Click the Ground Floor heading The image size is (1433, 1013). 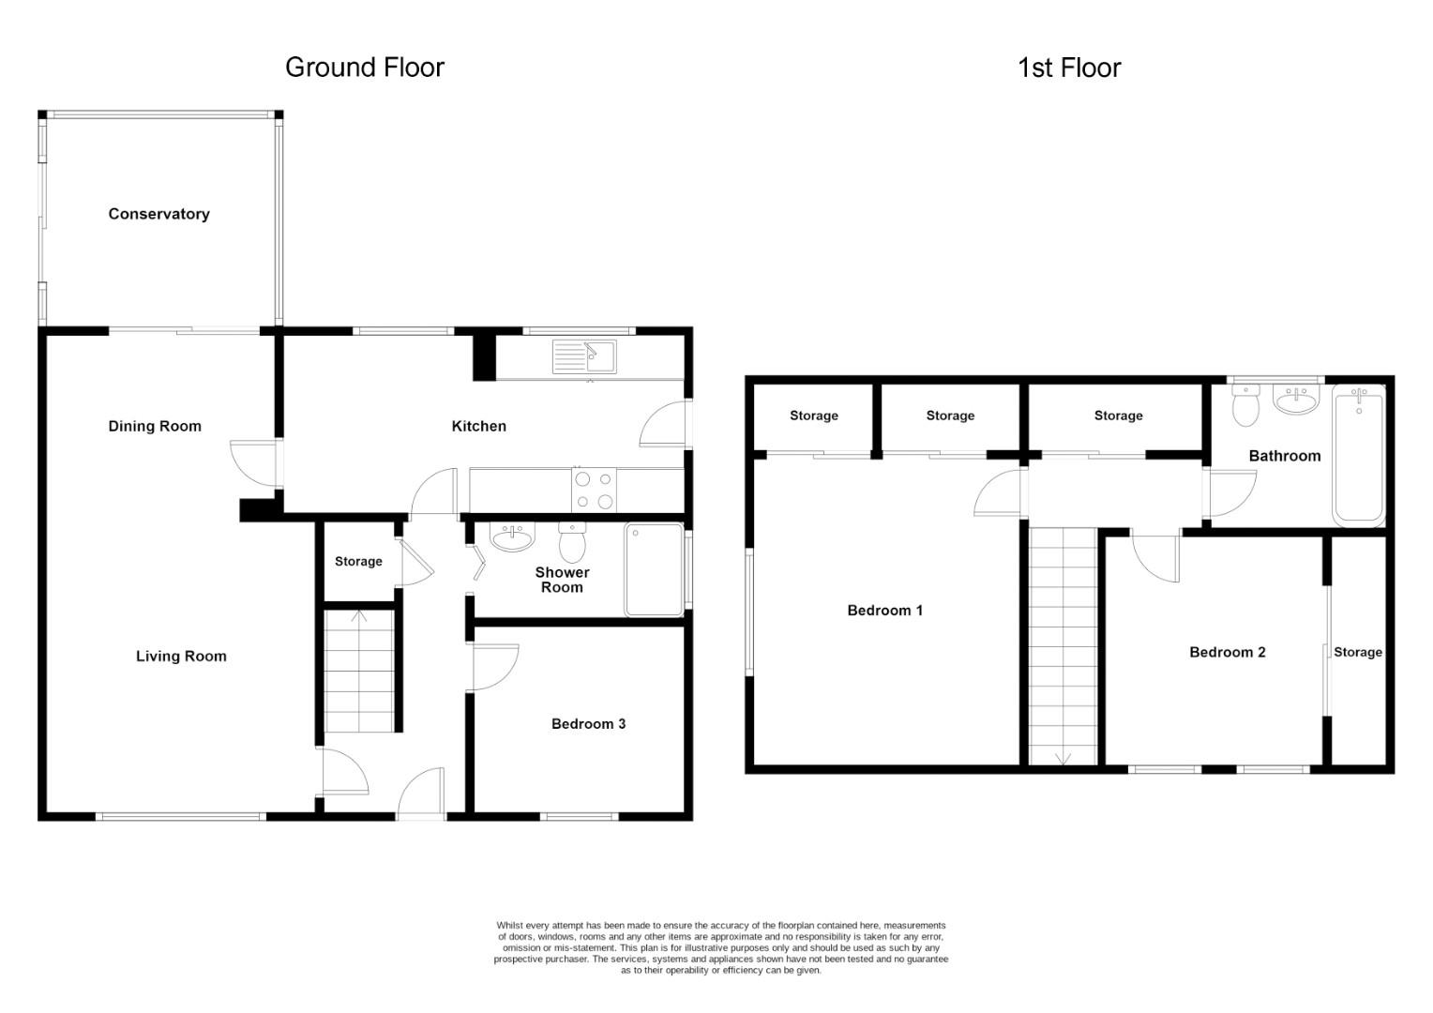[x=365, y=68]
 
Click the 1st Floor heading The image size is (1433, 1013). [x=1069, y=68]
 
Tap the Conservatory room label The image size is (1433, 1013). [x=158, y=214]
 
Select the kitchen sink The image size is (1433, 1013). [x=584, y=356]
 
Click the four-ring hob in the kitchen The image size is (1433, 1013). [x=594, y=490]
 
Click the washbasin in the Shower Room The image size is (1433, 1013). [x=512, y=537]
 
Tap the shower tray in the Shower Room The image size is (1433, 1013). [x=655, y=569]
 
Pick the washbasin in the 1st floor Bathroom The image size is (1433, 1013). [x=1296, y=398]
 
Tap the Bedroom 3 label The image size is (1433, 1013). [x=589, y=724]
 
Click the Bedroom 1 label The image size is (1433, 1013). [x=884, y=611]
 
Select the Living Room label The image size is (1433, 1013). [x=181, y=656]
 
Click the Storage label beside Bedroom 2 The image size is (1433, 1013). [x=1358, y=652]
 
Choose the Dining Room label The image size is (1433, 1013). [x=155, y=426]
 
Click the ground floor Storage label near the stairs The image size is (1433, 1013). [x=358, y=561]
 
